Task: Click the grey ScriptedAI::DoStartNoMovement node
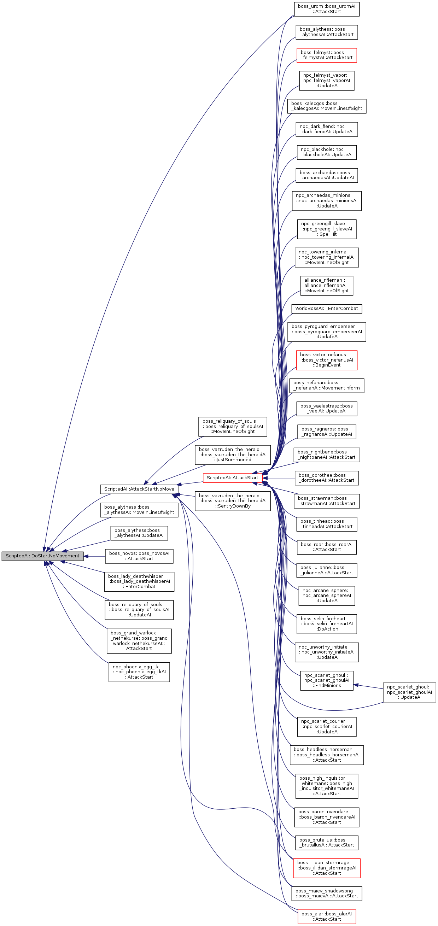coord(42,556)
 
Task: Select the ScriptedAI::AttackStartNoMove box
coord(139,489)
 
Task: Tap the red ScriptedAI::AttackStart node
coord(232,478)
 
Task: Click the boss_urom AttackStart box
coord(327,9)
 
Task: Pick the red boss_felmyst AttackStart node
coord(327,55)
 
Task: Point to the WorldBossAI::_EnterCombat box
coord(327,309)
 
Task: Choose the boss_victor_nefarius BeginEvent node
coord(327,360)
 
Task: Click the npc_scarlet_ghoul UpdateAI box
coord(409,692)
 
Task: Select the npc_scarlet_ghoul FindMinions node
coord(327,680)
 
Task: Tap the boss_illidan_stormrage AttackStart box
coord(327,868)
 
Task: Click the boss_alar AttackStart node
coord(327,916)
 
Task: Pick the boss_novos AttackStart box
coord(139,556)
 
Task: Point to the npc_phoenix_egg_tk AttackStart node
coord(139,672)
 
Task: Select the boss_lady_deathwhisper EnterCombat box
coord(139,581)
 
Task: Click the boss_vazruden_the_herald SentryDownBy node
coord(232,501)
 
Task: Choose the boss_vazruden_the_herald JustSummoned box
coord(232,455)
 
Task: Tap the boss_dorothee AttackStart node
coord(327,478)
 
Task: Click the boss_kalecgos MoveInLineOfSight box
coord(327,106)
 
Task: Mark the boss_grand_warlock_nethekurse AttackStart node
coord(139,640)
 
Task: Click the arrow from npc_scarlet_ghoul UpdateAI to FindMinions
coord(368,686)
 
